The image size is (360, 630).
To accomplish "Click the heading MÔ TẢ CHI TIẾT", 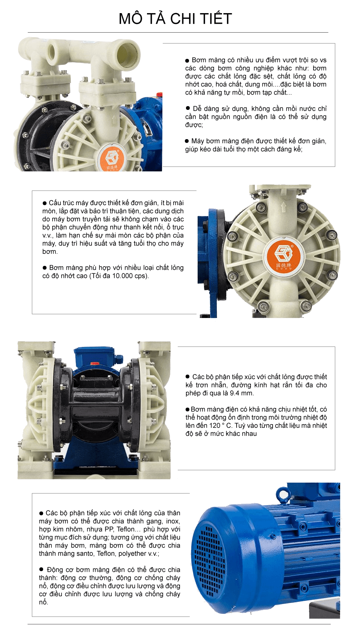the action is click(x=175, y=19).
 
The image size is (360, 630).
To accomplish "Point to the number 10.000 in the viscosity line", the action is click(x=122, y=276).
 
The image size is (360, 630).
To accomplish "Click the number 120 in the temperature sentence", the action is click(x=214, y=426).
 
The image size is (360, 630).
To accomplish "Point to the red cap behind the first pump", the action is click(x=159, y=94).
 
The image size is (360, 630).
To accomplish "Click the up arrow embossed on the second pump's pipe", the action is click(x=283, y=207).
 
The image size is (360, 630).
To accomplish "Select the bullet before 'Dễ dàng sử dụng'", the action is click(x=188, y=108).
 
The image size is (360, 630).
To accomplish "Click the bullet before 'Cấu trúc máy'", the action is click(x=44, y=203).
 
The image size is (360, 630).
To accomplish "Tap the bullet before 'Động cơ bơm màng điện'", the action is click(x=41, y=570).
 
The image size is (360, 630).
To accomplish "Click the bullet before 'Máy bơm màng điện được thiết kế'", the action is click(x=187, y=141).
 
